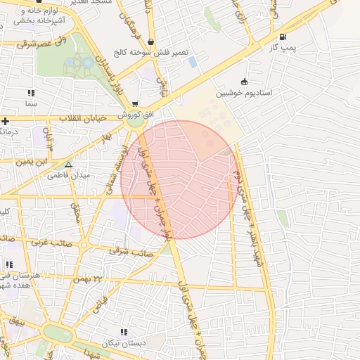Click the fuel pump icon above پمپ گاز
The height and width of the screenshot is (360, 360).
pos(283,37)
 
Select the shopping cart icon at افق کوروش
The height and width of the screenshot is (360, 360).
pos(134,103)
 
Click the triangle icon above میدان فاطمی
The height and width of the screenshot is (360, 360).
pos(68,164)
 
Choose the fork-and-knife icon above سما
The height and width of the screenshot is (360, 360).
pos(30,93)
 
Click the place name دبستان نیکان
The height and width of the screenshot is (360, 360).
pos(124,343)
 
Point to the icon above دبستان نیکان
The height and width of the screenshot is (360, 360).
pos(124,332)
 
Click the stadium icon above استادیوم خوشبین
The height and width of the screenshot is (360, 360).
pos(244,82)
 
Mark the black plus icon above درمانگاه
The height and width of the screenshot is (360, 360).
pos(5,121)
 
